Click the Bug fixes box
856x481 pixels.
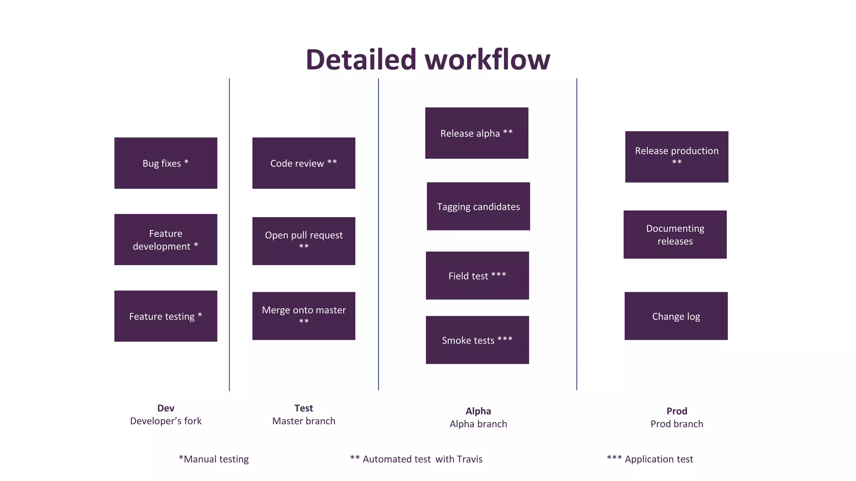pyautogui.click(x=166, y=163)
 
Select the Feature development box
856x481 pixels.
pyautogui.click(x=166, y=240)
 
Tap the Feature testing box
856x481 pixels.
pyautogui.click(x=166, y=316)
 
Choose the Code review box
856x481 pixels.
pyautogui.click(x=303, y=163)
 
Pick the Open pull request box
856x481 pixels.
pyautogui.click(x=303, y=241)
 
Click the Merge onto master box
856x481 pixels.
pyautogui.click(x=303, y=316)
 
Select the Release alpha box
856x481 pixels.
pyautogui.click(x=476, y=133)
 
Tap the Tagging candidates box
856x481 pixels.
pyautogui.click(x=478, y=206)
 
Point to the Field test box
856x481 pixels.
pyautogui.click(x=477, y=276)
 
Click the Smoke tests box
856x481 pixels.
pyautogui.click(x=477, y=340)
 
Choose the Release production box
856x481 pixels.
pyautogui.click(x=676, y=157)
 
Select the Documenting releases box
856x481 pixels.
pyautogui.click(x=675, y=235)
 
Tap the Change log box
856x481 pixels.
pyautogui.click(x=676, y=316)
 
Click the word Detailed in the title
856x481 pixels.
pyautogui.click(x=361, y=59)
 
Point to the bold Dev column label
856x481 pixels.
pyautogui.click(x=166, y=408)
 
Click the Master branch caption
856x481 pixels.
pyautogui.click(x=303, y=421)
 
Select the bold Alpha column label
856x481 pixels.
pyautogui.click(x=478, y=411)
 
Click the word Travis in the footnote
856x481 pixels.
pyautogui.click(x=469, y=459)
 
